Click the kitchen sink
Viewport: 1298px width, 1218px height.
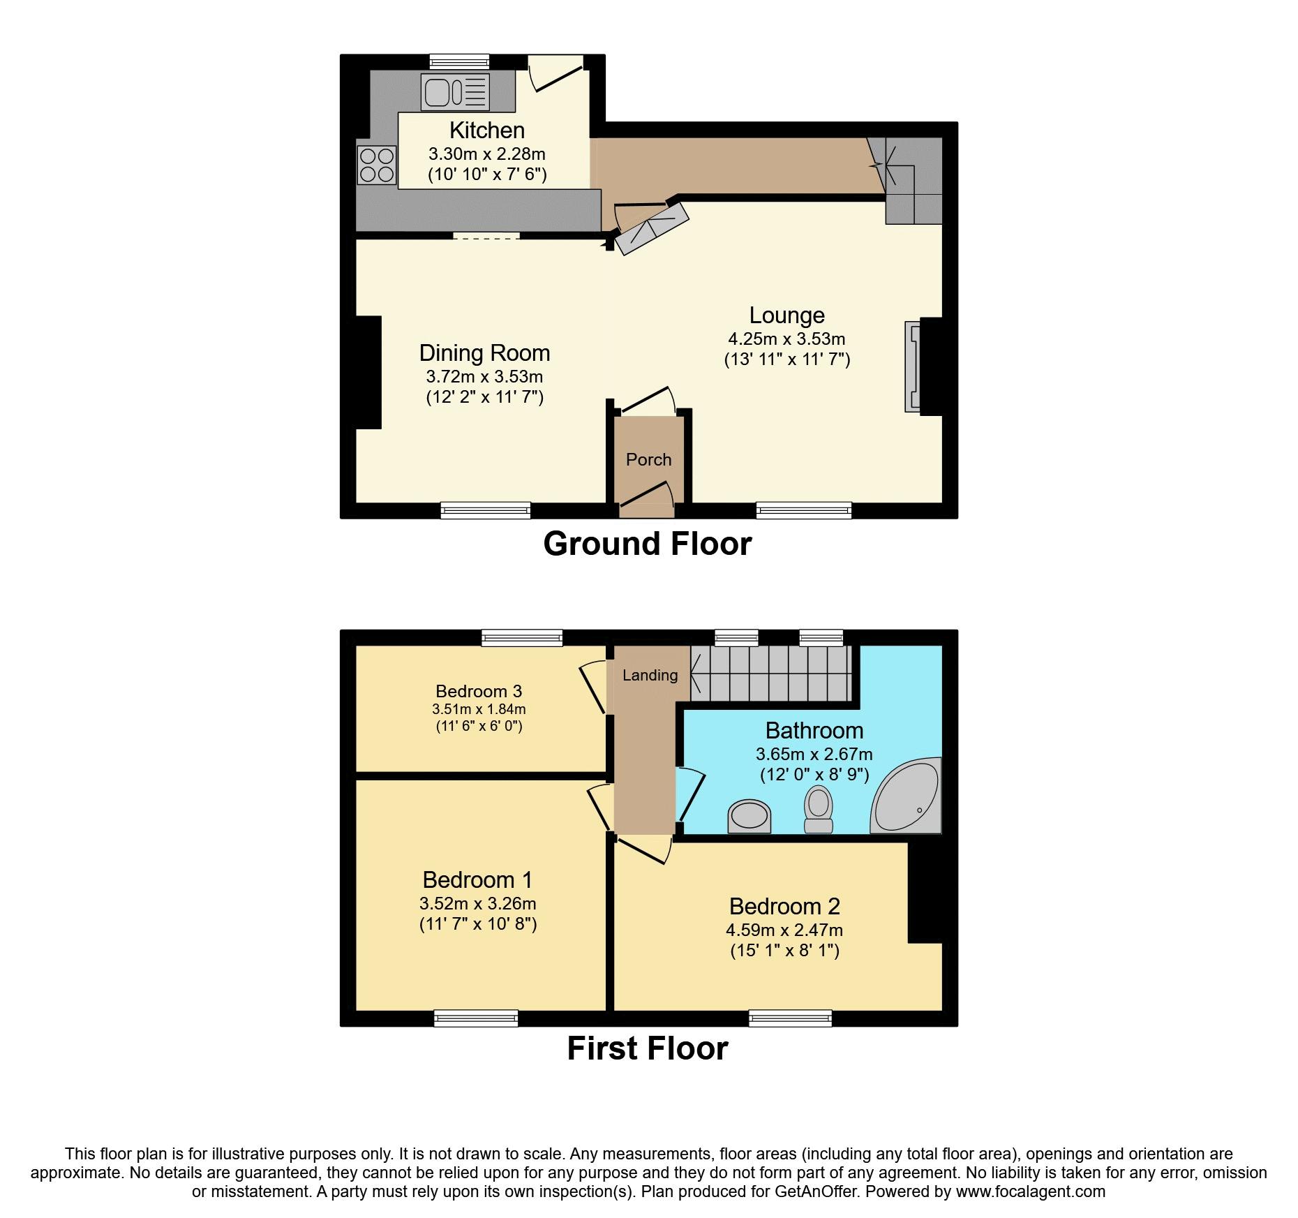pos(455,92)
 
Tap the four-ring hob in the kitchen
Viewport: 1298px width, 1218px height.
pos(377,165)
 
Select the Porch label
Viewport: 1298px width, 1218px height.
pos(648,459)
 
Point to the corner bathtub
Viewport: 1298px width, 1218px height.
pos(906,795)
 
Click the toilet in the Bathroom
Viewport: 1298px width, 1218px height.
pos(819,809)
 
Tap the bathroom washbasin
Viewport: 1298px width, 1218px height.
pos(749,817)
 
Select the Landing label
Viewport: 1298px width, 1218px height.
pos(650,675)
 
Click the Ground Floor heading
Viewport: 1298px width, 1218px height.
pos(648,544)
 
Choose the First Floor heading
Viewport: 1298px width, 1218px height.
pos(648,1048)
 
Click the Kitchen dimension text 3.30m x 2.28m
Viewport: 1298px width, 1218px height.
pos(487,154)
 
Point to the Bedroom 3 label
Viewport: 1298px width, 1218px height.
pos(479,691)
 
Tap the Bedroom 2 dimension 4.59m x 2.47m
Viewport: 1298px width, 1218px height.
pos(784,930)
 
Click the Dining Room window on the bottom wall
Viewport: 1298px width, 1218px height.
pos(486,510)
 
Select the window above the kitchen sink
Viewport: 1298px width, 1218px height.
pos(458,62)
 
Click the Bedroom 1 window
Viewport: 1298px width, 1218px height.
pos(476,1018)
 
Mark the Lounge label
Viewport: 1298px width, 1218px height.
pos(787,315)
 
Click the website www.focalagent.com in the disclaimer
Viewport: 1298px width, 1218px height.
pos(1031,1191)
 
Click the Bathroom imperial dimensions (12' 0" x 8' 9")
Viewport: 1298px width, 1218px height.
pos(814,774)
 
